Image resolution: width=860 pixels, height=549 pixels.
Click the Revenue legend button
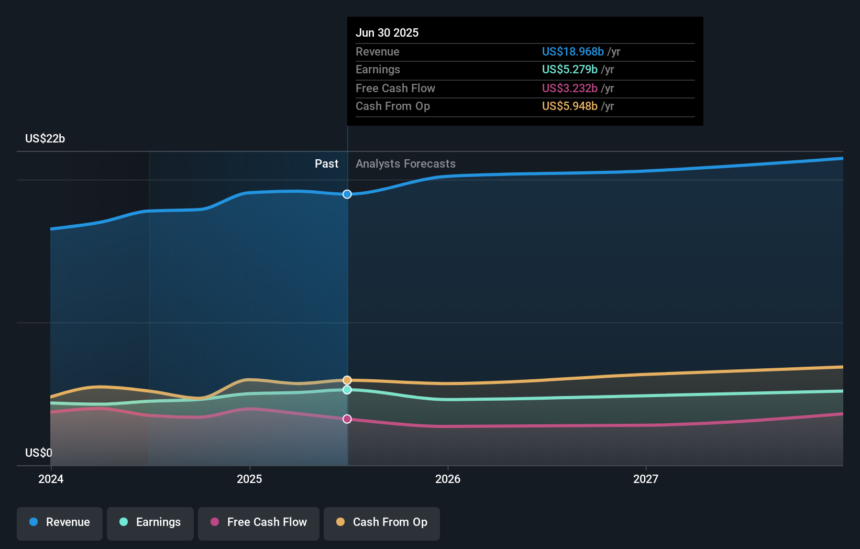click(x=60, y=522)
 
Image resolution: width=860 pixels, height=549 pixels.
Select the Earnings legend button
click(x=150, y=522)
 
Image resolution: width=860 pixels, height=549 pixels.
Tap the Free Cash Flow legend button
click(x=259, y=522)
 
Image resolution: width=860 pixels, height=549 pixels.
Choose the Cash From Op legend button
click(x=382, y=522)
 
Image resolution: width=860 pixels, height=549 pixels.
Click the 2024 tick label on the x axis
click(x=51, y=479)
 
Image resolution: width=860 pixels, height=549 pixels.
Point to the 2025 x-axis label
click(x=249, y=479)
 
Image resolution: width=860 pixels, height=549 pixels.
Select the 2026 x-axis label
click(x=448, y=479)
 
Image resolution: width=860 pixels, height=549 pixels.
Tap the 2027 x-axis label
click(x=646, y=479)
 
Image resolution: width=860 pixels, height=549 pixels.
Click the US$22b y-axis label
click(x=45, y=138)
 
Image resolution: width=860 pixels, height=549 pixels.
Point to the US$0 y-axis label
click(x=39, y=453)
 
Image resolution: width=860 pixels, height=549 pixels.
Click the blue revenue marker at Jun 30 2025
click(x=347, y=194)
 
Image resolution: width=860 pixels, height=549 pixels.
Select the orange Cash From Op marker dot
click(x=347, y=380)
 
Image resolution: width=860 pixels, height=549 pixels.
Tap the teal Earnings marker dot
click(x=347, y=390)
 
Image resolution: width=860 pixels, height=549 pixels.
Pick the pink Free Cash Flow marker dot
click(x=347, y=419)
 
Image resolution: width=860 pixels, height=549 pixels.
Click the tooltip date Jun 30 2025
click(x=387, y=32)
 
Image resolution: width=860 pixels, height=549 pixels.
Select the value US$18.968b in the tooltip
click(x=572, y=51)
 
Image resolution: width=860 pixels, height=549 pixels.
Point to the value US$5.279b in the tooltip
click(x=569, y=69)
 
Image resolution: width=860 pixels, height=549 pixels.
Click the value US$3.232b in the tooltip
click(x=569, y=88)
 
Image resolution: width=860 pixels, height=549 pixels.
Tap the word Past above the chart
click(x=326, y=163)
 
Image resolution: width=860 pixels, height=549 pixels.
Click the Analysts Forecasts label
click(x=405, y=163)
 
